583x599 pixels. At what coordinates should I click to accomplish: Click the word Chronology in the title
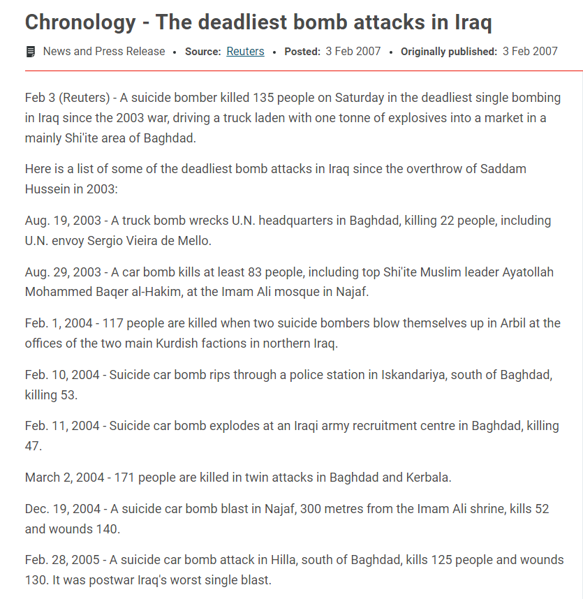80,22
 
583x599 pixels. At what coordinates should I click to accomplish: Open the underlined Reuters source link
245,52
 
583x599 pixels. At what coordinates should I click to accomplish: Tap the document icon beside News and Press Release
31,52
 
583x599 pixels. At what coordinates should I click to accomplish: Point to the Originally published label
449,52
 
